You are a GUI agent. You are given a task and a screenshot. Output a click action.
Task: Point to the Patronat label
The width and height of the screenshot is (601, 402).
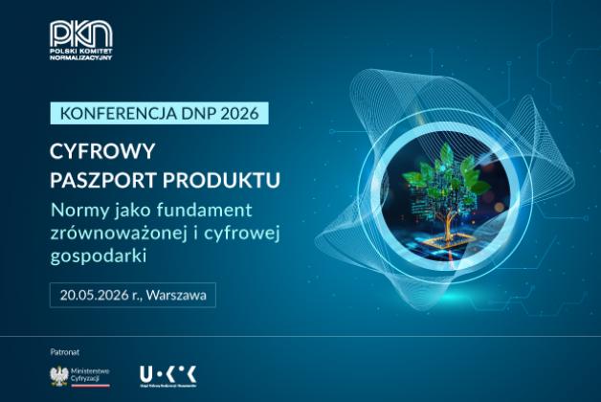coord(65,351)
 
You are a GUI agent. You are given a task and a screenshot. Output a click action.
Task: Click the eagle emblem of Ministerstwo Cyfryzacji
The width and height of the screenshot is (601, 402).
coord(58,374)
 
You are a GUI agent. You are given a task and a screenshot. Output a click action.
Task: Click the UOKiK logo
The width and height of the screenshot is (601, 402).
coord(167,373)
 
